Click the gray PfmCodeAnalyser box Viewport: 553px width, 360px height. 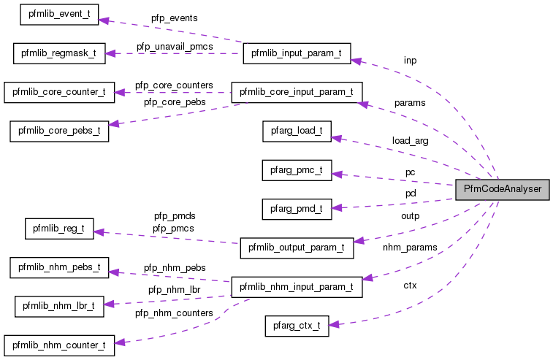coord(501,189)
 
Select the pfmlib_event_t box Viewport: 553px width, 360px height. coord(58,14)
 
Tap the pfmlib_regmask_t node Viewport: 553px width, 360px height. coord(59,53)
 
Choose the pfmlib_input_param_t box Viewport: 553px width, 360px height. coord(296,53)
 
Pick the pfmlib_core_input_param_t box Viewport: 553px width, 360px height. coord(296,92)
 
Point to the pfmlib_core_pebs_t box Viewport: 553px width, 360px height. coord(59,131)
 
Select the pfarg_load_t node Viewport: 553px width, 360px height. coord(297,131)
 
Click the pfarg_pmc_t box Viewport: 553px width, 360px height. coord(297,170)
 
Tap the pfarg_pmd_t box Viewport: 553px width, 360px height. coord(297,209)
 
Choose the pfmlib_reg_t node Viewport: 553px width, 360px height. coord(59,229)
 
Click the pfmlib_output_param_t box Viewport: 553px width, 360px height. coord(297,248)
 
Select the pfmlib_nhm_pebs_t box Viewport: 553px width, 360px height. coord(59,267)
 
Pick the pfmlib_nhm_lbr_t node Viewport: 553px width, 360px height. coord(59,306)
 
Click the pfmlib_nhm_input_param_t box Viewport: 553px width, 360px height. coord(296,287)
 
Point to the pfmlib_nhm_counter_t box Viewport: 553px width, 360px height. coord(59,345)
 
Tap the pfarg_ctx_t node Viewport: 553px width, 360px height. coord(297,326)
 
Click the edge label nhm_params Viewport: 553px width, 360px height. coord(410,248)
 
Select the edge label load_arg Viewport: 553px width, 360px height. coord(410,140)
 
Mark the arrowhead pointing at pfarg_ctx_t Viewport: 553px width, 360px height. coord(335,324)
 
